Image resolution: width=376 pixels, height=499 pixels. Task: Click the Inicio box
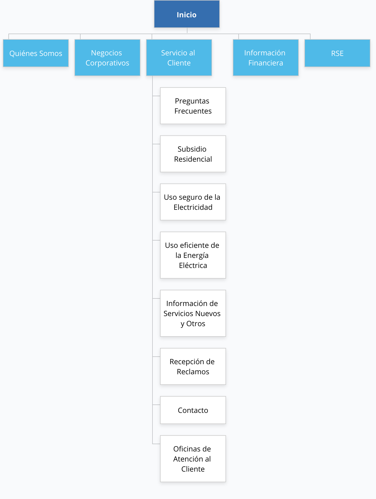(x=187, y=14)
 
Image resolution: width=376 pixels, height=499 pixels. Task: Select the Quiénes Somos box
(x=36, y=53)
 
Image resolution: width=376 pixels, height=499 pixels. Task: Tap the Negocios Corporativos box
(x=107, y=58)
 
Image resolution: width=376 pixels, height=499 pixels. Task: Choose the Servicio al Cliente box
(x=179, y=58)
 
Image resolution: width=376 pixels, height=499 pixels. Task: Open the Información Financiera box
(x=266, y=58)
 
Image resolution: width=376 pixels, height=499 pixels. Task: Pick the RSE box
(x=337, y=53)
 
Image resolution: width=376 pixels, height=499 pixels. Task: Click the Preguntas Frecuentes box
(x=193, y=106)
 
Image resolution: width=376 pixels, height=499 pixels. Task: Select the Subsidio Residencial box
(x=193, y=154)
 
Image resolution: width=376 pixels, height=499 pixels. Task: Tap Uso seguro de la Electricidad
(x=193, y=202)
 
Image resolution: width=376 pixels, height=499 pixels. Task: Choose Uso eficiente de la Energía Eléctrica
(x=193, y=255)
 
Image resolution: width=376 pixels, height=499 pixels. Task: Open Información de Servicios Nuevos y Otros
(x=193, y=313)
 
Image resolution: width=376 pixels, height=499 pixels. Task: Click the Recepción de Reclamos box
(x=193, y=366)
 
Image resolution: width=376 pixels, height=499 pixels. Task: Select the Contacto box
(x=193, y=410)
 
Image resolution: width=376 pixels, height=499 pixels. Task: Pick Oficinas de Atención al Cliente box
(x=193, y=459)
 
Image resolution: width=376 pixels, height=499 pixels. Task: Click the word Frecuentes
(x=193, y=111)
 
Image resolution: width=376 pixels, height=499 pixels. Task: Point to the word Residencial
(x=193, y=159)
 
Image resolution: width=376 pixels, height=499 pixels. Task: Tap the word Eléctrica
(x=193, y=265)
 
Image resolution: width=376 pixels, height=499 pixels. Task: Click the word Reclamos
(x=193, y=372)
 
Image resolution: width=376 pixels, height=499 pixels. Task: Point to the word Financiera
(x=266, y=63)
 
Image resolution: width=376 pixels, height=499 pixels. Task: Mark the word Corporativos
(x=107, y=63)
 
